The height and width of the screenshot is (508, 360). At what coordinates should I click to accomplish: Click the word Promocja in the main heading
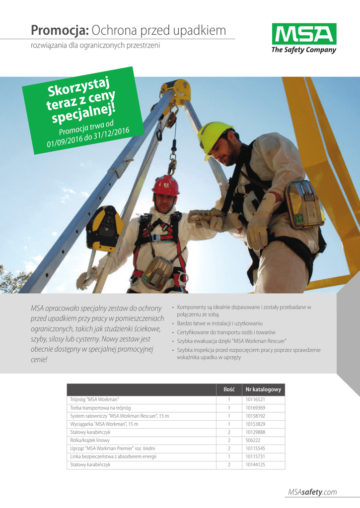click(60, 31)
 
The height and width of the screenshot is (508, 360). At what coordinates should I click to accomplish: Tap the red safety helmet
click(165, 186)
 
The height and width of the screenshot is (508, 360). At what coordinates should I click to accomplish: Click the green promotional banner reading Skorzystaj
click(85, 109)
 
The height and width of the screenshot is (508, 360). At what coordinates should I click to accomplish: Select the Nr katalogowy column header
click(263, 389)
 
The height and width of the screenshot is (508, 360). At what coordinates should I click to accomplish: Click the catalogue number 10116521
click(255, 399)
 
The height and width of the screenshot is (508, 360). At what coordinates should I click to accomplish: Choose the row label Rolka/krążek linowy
click(90, 440)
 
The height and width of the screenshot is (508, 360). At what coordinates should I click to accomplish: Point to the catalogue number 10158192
click(255, 416)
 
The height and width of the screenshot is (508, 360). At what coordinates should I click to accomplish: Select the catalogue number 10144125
click(255, 464)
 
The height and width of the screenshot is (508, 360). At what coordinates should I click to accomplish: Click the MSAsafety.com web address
click(312, 492)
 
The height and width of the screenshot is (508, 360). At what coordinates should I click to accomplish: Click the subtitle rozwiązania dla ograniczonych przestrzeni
click(95, 46)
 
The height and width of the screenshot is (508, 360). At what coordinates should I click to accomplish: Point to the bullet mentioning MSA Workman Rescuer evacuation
click(231, 341)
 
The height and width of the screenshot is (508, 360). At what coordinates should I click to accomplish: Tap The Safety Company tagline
click(303, 50)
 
